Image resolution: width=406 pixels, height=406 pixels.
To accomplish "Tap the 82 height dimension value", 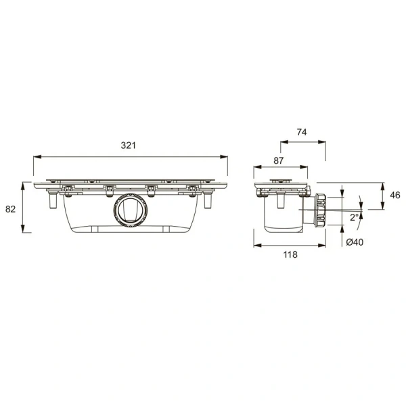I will tap(10, 209).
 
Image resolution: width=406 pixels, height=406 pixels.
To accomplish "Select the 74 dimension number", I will tap(303, 134).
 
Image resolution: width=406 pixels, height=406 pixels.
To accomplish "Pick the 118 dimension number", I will tap(290, 255).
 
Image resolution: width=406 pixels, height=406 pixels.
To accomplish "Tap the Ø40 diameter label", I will tap(354, 243).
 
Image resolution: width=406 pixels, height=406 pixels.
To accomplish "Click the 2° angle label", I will tap(354, 217).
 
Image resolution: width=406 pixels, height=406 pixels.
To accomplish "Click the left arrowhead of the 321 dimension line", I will tap(36, 157).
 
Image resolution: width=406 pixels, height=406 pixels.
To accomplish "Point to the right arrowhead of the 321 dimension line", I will tap(225, 157).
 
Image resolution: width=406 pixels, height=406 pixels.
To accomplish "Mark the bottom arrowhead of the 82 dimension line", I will tap(24, 230).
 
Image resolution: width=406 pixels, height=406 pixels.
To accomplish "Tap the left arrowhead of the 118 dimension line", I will tap(257, 246).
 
